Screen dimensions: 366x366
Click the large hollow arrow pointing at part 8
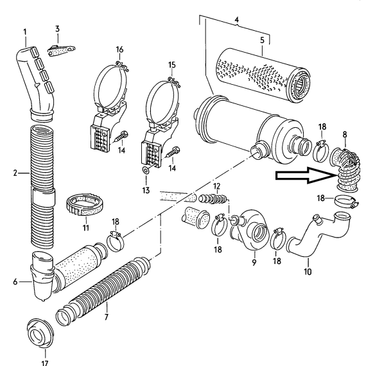click(306, 175)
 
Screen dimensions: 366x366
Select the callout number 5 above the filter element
click(262, 40)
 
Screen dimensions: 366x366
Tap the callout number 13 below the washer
click(146, 191)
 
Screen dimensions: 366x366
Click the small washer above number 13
click(146, 171)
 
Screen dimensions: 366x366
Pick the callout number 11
click(86, 227)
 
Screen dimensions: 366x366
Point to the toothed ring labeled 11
click(85, 204)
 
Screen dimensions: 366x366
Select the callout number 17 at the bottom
click(45, 363)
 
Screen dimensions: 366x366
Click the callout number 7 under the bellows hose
click(107, 317)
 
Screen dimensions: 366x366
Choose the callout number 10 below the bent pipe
click(308, 272)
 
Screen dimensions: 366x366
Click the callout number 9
click(254, 262)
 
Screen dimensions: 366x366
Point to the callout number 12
click(216, 186)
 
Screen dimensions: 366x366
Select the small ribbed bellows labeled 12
click(213, 198)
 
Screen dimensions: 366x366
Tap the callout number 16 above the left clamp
click(119, 49)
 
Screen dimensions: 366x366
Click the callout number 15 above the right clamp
click(172, 65)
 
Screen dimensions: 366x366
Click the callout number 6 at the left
click(15, 282)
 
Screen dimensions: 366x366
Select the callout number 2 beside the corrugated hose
click(15, 173)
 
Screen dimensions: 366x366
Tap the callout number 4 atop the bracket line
click(237, 20)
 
